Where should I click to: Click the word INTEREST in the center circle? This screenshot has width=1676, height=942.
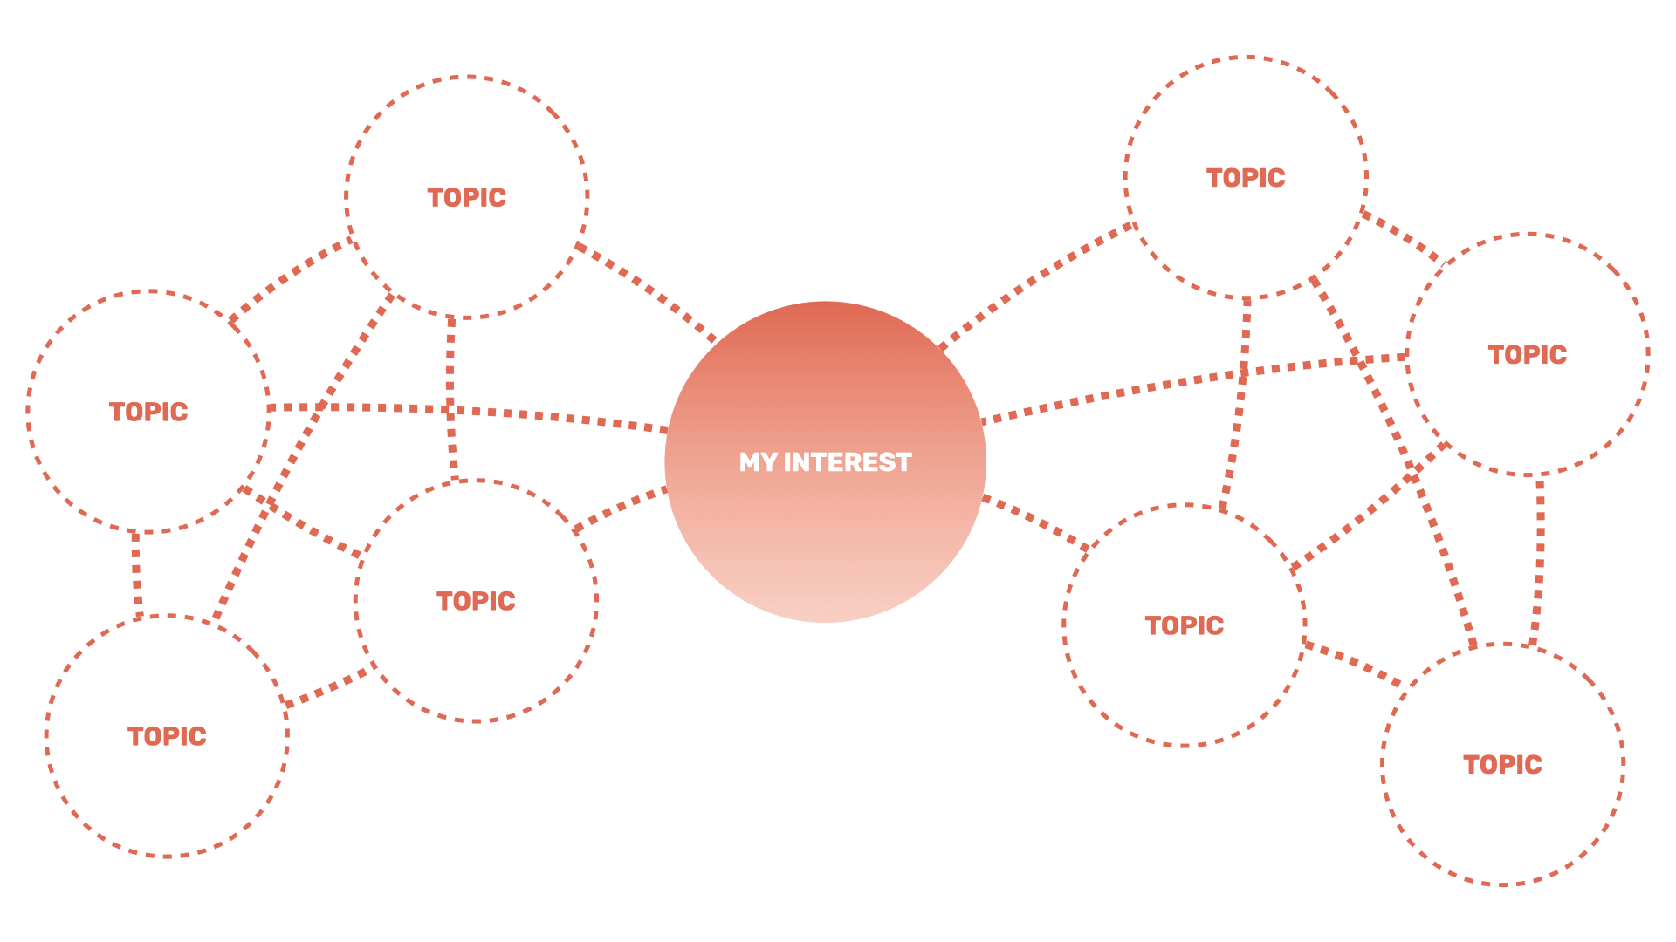848,462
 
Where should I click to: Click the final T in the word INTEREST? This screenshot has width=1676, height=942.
904,462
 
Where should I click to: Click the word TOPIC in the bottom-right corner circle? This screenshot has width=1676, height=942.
1502,765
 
